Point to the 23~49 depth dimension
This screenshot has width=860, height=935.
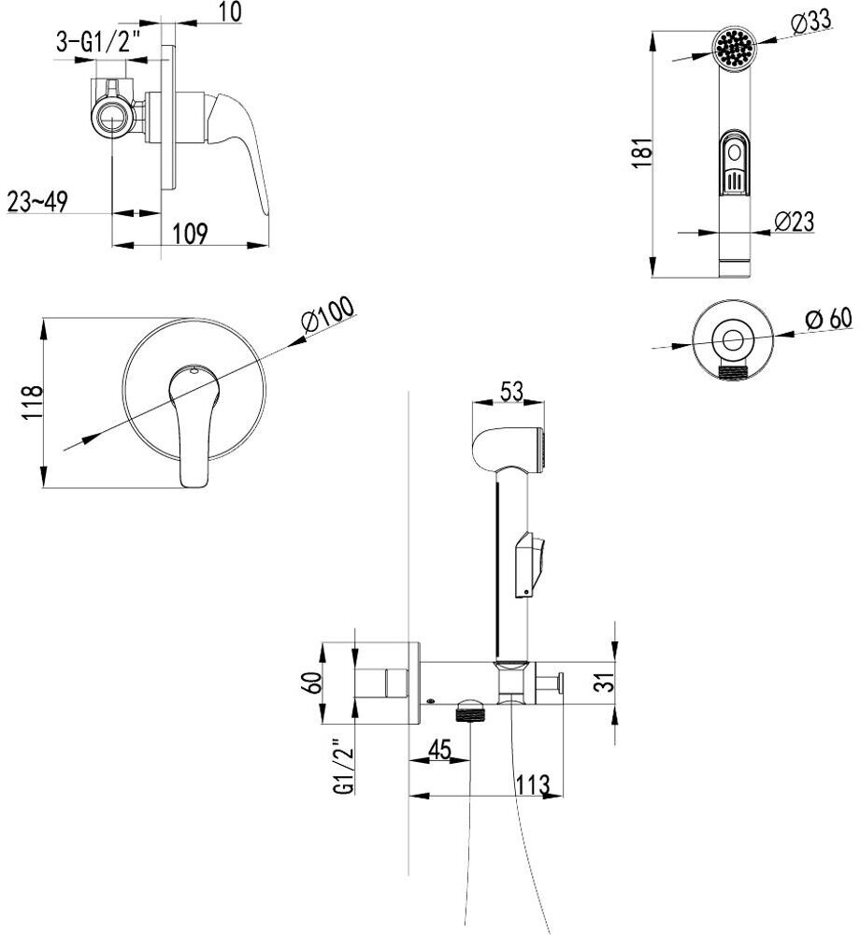click(37, 202)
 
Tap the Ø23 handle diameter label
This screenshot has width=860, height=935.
click(795, 222)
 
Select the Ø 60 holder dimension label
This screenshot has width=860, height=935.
click(828, 318)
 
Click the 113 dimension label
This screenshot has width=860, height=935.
click(531, 784)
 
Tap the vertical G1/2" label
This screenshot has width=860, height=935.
click(344, 765)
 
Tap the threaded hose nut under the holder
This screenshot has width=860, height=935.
click(472, 711)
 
